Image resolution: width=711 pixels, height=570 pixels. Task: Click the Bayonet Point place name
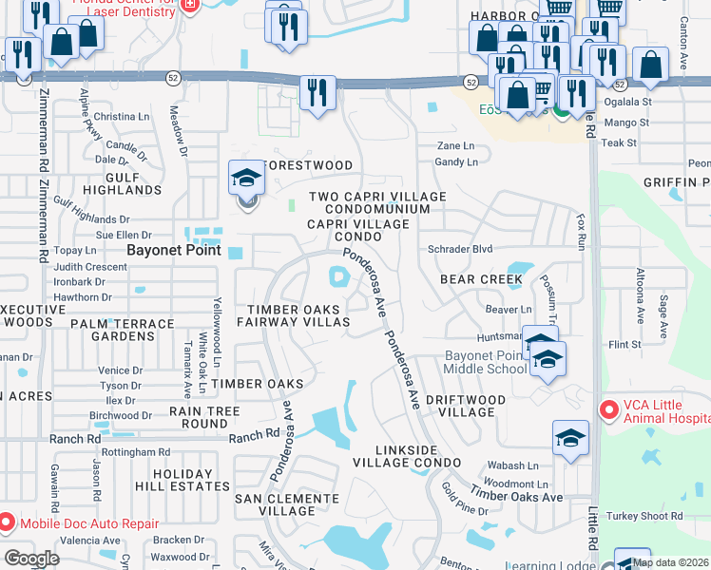(174, 251)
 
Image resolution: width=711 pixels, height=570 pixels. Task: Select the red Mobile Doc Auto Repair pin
(7, 522)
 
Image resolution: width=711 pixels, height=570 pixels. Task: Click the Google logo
(31, 559)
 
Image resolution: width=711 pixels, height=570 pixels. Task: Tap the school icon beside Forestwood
(246, 178)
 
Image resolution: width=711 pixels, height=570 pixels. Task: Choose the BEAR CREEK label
(480, 279)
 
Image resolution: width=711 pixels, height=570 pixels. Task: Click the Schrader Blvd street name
(460, 248)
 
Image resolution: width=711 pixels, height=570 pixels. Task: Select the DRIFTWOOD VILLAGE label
(460, 406)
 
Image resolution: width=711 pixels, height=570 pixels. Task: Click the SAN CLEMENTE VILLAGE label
(286, 503)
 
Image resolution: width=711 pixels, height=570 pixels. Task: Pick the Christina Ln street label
(122, 116)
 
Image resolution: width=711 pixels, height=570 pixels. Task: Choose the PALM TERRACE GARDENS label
(123, 330)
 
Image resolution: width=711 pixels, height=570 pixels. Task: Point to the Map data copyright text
(670, 562)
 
